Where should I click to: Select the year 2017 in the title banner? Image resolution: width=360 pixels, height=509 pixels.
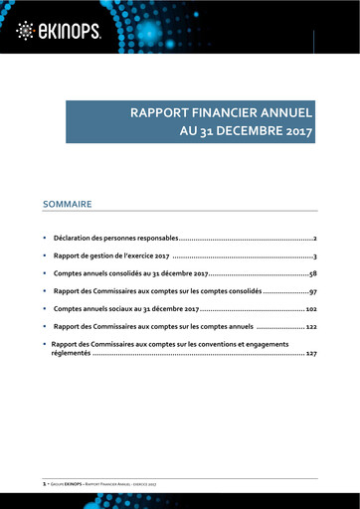pos(293,129)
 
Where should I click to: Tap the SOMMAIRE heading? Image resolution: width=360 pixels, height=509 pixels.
pos(68,204)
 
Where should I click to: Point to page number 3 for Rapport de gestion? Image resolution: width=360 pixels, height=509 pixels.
pos(314,256)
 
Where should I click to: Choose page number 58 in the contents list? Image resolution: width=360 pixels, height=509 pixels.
pos(311,273)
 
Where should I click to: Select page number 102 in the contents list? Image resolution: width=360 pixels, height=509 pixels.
pos(309,309)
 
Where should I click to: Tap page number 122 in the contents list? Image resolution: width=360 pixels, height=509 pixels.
pos(310,326)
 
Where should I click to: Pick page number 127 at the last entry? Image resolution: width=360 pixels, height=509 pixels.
pos(311,353)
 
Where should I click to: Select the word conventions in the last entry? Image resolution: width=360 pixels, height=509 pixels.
pos(232,344)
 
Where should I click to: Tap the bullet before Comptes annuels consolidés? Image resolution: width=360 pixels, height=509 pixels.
pos(44,273)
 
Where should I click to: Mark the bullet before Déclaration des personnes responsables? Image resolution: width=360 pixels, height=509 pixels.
pos(44,240)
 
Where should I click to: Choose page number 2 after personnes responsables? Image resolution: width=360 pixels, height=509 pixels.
pos(314,240)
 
